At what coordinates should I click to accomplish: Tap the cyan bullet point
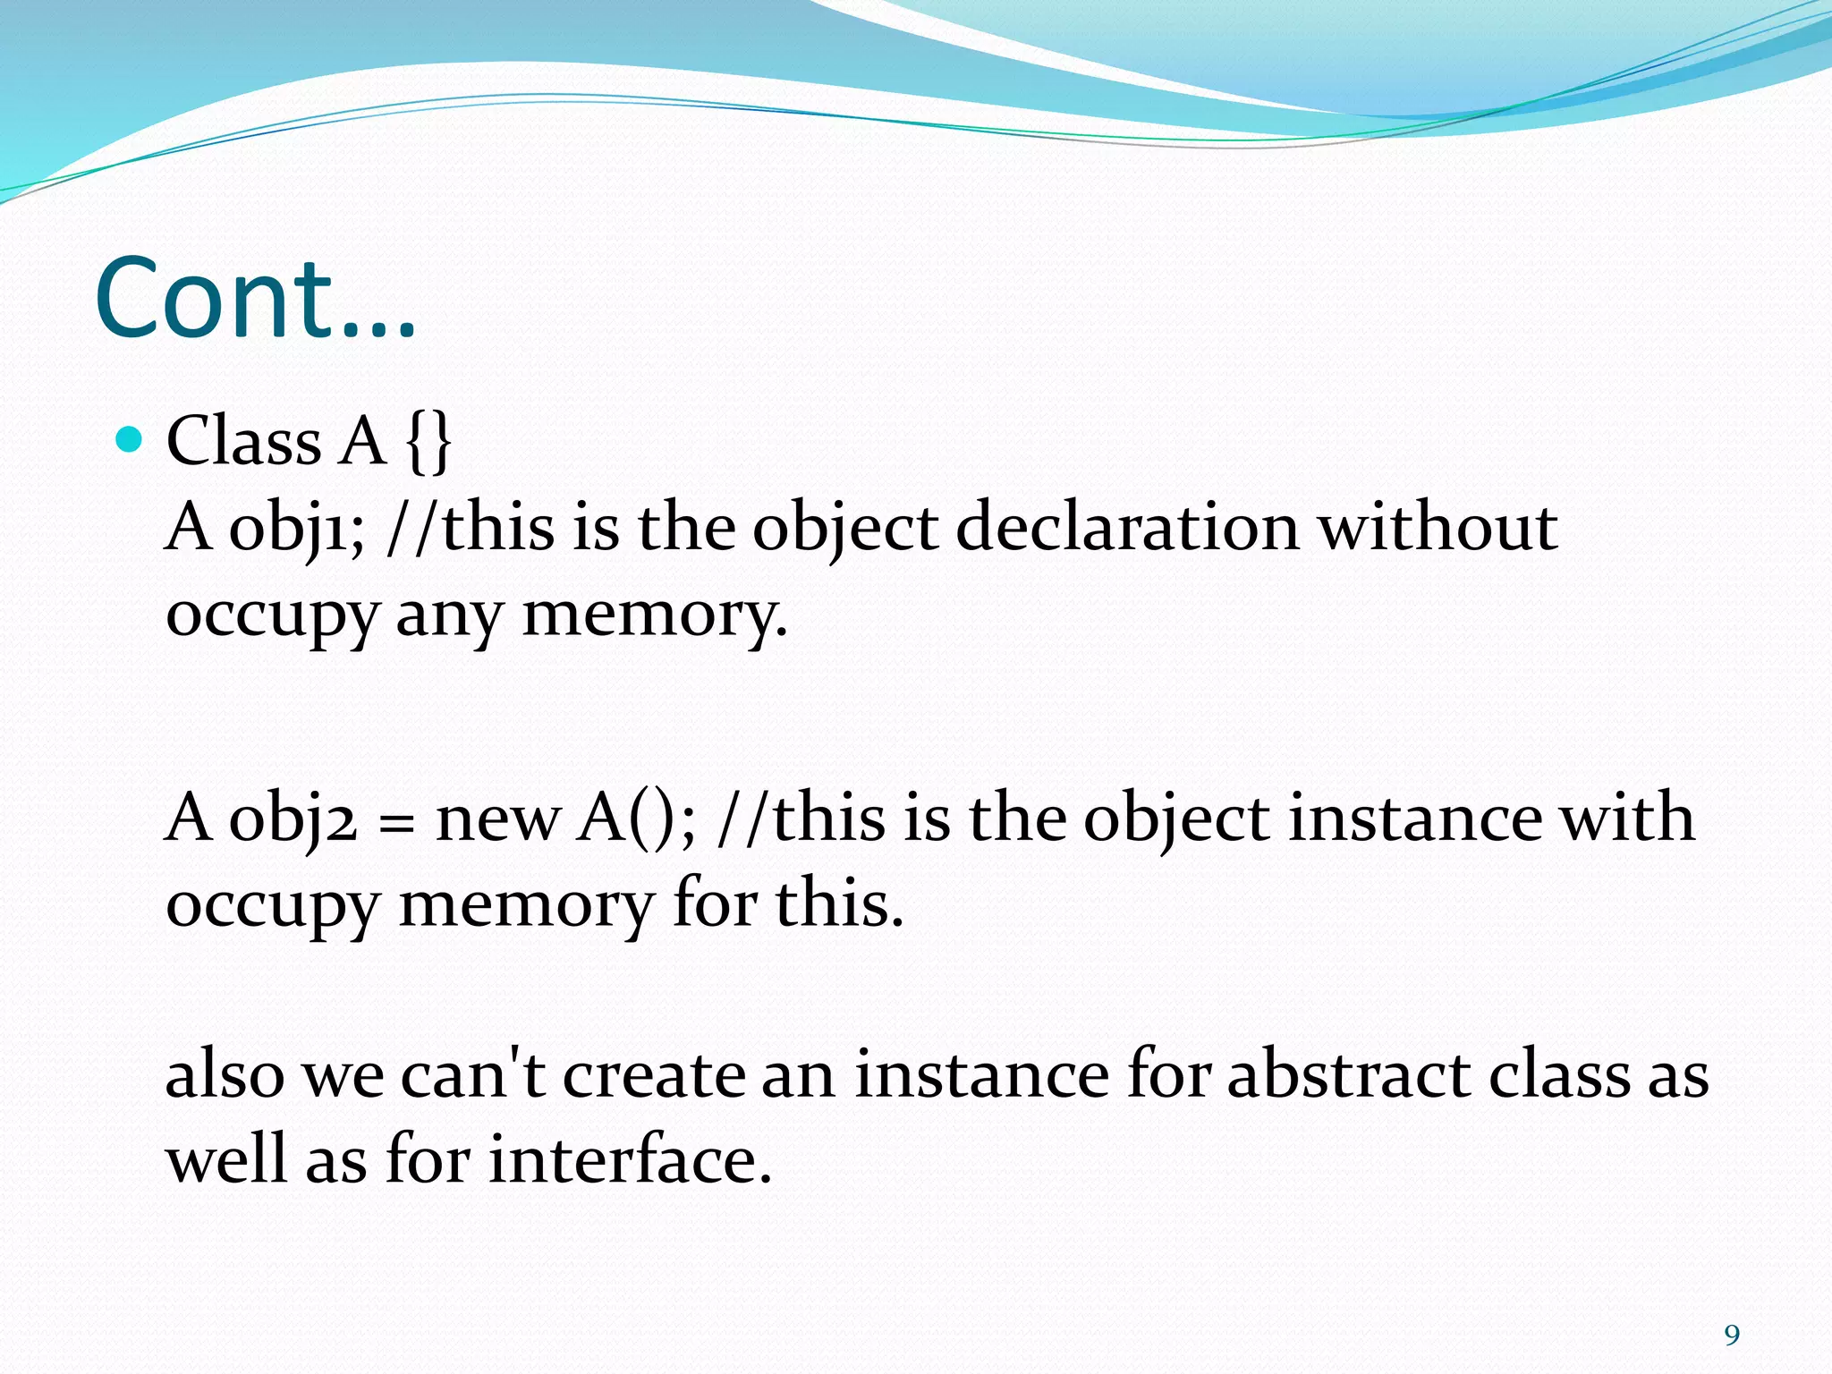pyautogui.click(x=131, y=439)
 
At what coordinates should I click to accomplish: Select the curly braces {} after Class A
pyautogui.click(x=428, y=442)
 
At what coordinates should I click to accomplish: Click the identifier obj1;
pyautogui.click(x=296, y=528)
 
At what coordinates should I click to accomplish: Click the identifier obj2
pyautogui.click(x=293, y=818)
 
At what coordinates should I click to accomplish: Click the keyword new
pyautogui.click(x=497, y=818)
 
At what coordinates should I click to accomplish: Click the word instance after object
pyautogui.click(x=1414, y=818)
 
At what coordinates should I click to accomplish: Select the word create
pyautogui.click(x=654, y=1073)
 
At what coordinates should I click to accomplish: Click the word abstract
pyautogui.click(x=1346, y=1073)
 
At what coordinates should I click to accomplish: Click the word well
pyautogui.click(x=226, y=1159)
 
